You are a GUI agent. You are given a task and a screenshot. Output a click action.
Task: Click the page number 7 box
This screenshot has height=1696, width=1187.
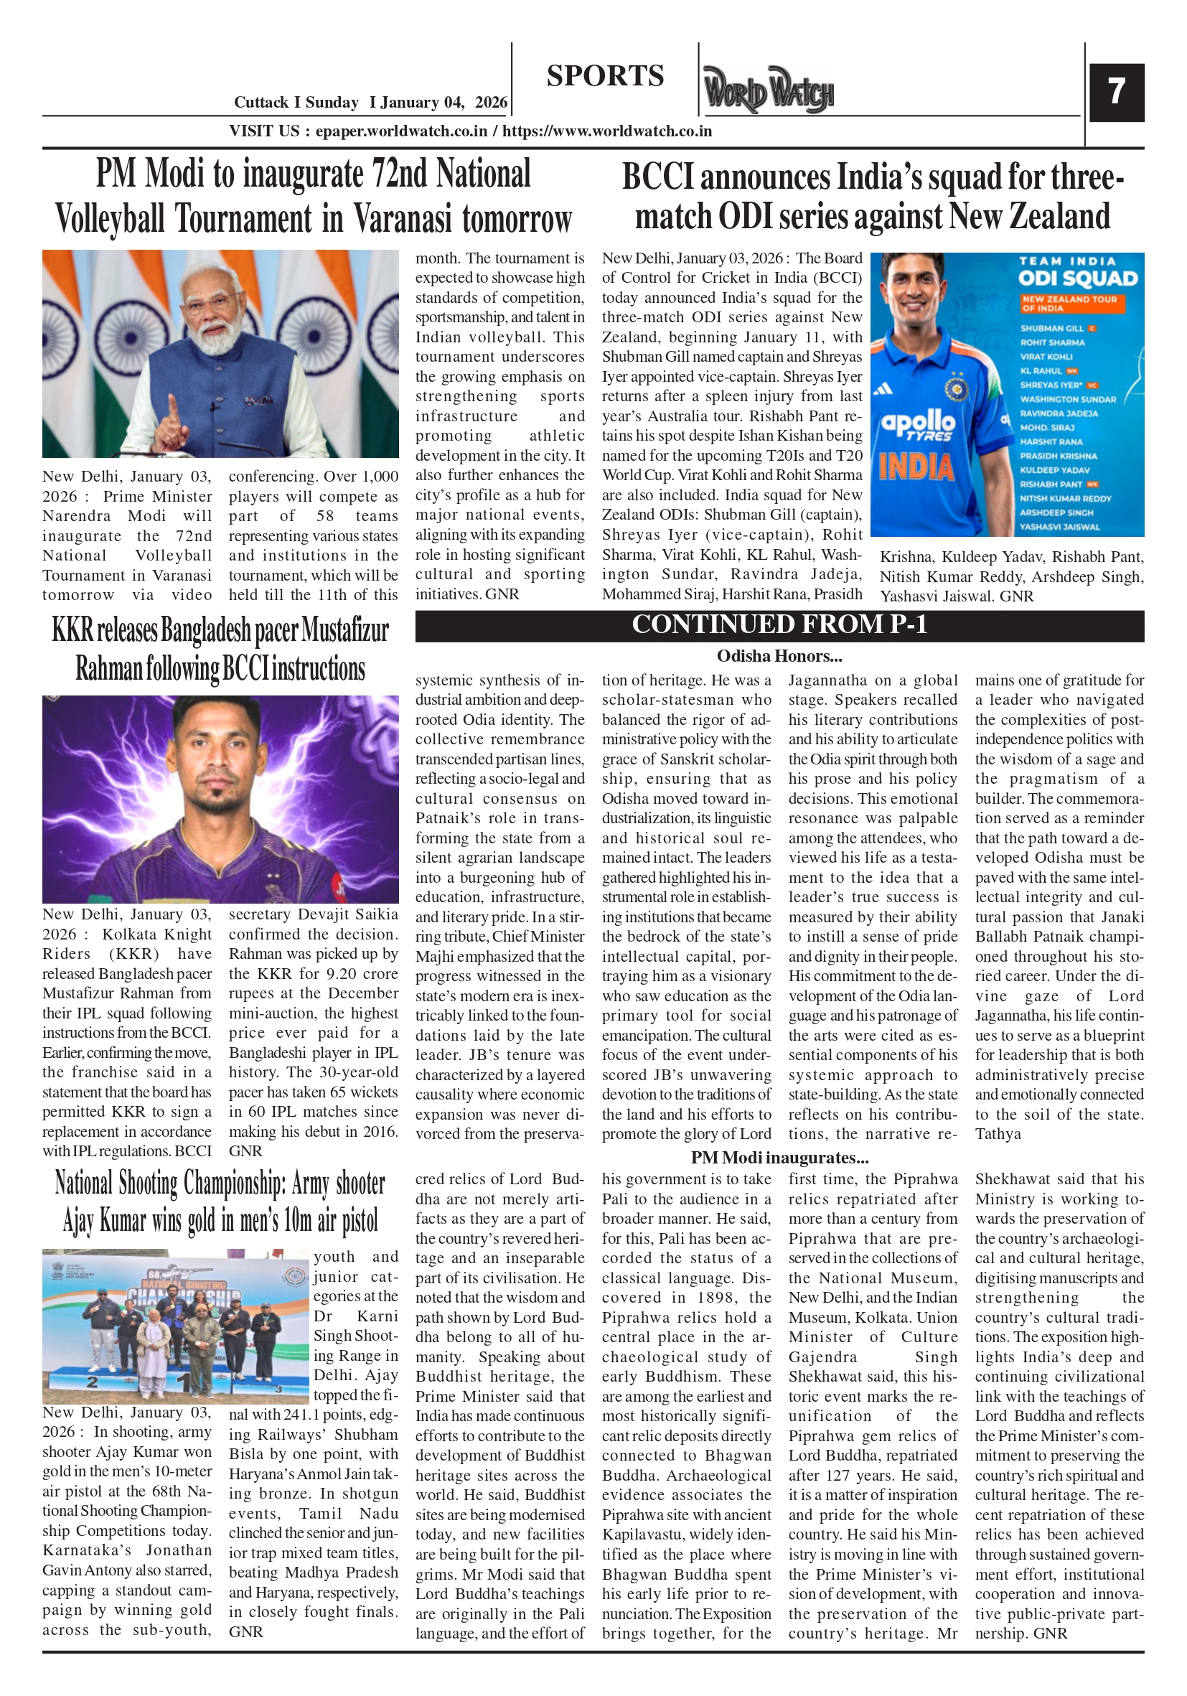1116,93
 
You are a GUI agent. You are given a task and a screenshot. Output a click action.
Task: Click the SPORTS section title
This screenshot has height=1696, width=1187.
605,76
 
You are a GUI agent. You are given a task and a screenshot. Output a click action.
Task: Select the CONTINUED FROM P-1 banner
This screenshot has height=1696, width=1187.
779,625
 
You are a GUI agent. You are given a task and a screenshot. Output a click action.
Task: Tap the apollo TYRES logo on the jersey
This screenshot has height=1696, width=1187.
917,425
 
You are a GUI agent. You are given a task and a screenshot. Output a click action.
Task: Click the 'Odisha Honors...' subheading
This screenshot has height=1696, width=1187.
779,656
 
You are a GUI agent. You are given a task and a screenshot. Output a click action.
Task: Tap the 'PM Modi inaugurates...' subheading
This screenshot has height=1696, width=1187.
779,1157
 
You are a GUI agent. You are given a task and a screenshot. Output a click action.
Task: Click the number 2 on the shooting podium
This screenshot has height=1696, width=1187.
93,1382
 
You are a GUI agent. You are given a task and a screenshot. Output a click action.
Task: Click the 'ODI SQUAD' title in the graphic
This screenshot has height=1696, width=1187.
1078,278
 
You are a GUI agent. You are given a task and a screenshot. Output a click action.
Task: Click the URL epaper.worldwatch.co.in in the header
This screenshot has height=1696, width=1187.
401,131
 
